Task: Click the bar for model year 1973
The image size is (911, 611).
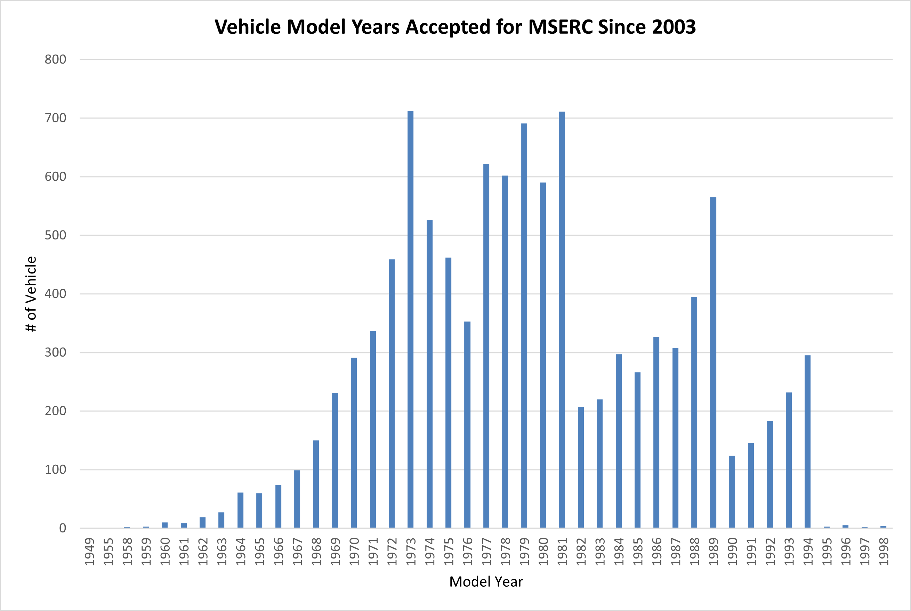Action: [x=411, y=319]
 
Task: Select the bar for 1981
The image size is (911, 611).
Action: [x=562, y=319]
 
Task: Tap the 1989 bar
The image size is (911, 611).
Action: [x=713, y=362]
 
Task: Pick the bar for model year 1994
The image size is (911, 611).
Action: [x=807, y=441]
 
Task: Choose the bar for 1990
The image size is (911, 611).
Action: [x=732, y=492]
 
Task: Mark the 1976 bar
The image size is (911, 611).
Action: [x=467, y=425]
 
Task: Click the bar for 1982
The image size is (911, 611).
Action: [x=581, y=467]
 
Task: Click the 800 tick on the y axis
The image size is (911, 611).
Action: [x=55, y=60]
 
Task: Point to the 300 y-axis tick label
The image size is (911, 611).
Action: [x=55, y=353]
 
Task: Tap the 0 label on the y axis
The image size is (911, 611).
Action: [x=62, y=528]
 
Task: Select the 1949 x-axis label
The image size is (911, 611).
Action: [x=89, y=551]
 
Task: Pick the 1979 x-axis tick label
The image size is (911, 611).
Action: [x=524, y=551]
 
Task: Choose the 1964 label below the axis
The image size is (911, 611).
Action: [x=241, y=551]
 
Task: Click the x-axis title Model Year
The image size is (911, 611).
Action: [x=486, y=582]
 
